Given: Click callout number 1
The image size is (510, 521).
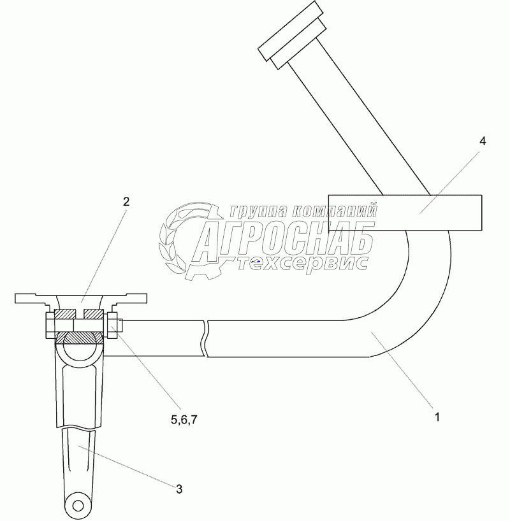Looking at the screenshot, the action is [437, 417].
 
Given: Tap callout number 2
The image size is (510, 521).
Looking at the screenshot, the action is [126, 202].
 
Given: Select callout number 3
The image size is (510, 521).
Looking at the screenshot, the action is [179, 489].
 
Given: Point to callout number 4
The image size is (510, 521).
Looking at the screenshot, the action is [483, 141].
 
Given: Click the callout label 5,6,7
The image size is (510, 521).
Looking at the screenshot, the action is [184, 420].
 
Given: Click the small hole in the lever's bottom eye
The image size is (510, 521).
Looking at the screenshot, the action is [78, 506].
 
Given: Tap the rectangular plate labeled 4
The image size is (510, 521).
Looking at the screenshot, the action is [405, 213].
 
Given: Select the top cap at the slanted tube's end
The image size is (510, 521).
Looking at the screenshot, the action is [290, 31].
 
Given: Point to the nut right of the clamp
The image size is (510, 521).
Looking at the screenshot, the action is [112, 325].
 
